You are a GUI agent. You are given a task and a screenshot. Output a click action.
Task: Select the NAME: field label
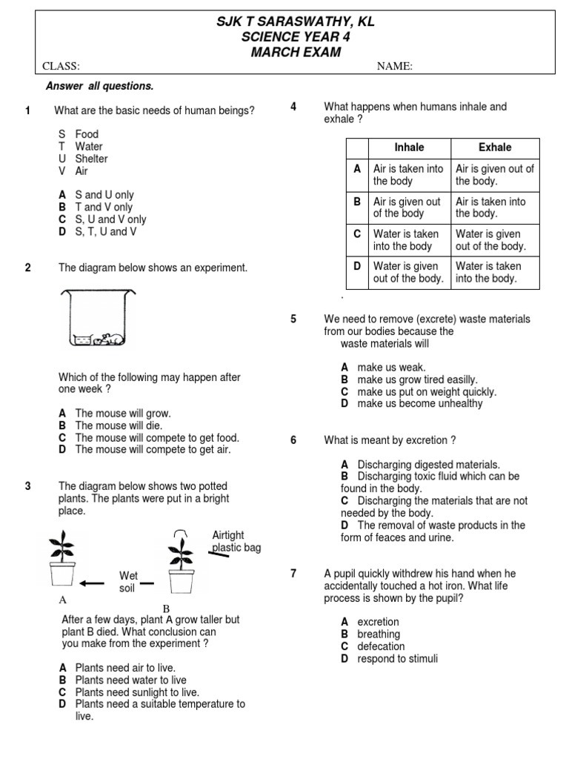coord(395,67)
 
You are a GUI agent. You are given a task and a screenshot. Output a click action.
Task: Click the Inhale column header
coord(409,148)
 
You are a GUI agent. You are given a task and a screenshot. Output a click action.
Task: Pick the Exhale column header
coord(495,148)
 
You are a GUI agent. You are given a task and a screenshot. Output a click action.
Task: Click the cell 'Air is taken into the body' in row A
coord(409,175)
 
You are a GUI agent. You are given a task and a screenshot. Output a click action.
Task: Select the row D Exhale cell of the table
coord(495,272)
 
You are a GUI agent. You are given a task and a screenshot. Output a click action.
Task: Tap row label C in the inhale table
coord(357,234)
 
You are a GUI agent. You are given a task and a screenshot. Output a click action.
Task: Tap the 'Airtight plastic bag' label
coord(236,542)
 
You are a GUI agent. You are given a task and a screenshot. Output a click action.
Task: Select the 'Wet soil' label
coord(128,582)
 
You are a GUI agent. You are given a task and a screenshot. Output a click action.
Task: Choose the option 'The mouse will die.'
coord(119,425)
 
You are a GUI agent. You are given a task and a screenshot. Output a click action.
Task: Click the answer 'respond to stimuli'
coord(397,658)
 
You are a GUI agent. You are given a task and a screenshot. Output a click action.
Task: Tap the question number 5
coord(293,319)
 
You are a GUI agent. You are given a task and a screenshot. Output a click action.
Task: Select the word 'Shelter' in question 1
coord(91,159)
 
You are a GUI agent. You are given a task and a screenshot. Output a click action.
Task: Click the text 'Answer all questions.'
coord(99,87)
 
